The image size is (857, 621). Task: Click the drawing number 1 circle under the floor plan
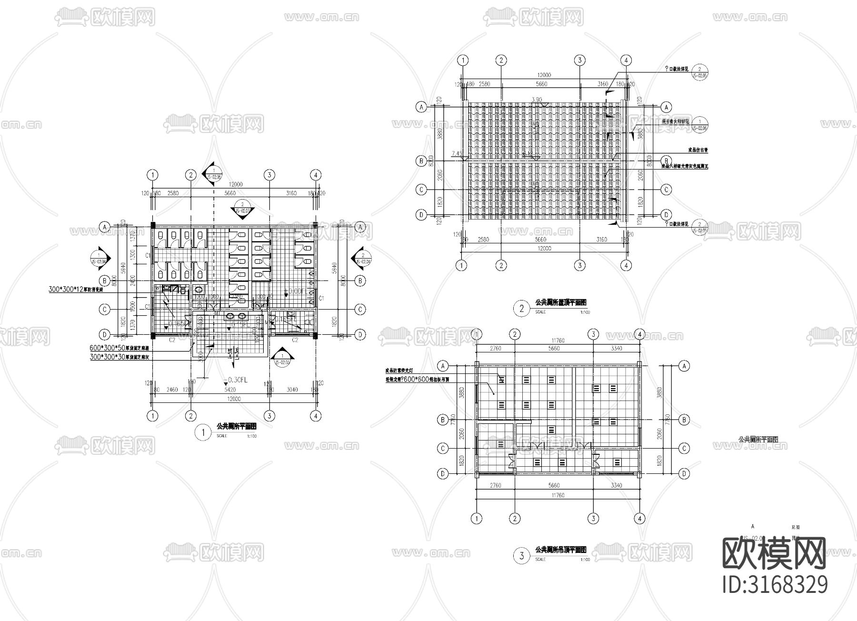click(203, 432)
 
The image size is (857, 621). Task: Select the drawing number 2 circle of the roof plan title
click(521, 308)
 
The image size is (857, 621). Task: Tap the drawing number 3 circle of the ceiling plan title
click(521, 555)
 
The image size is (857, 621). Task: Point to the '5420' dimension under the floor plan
click(230, 390)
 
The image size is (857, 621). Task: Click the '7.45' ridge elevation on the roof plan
click(456, 153)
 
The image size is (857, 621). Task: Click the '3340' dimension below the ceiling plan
click(616, 486)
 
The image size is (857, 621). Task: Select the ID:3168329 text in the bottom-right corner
click(775, 585)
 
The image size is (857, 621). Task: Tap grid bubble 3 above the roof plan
click(579, 60)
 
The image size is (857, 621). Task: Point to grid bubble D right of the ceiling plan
click(684, 473)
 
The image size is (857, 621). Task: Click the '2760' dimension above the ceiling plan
click(496, 349)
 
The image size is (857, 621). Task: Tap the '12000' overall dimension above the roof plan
click(544, 75)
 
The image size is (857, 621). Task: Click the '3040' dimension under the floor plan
click(292, 390)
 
